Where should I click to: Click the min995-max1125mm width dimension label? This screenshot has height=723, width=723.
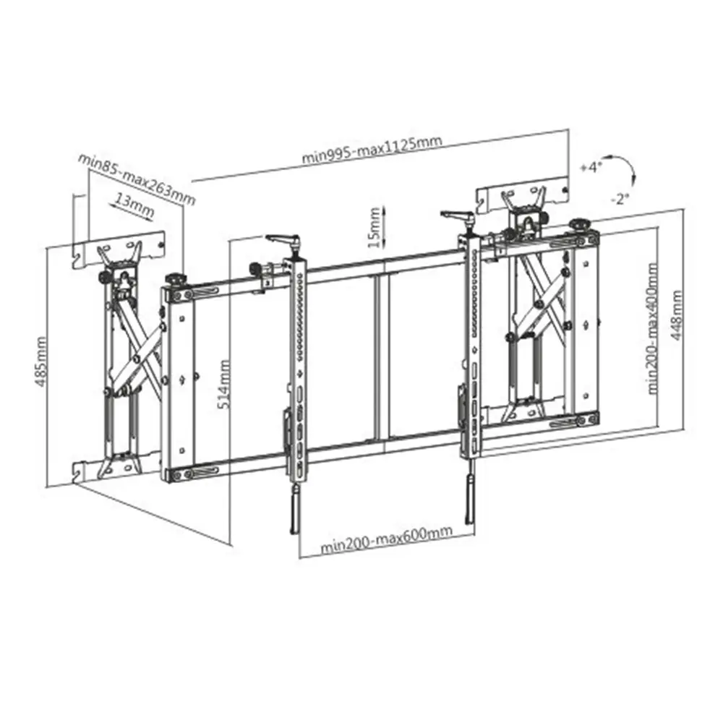click(372, 149)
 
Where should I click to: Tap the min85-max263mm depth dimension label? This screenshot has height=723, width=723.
click(137, 178)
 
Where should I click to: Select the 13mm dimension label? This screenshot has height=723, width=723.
click(134, 205)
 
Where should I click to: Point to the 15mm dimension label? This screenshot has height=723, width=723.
click(375, 227)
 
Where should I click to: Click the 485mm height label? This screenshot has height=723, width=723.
click(40, 361)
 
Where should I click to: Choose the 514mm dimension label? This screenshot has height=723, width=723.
click(224, 384)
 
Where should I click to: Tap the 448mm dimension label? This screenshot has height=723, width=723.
click(676, 315)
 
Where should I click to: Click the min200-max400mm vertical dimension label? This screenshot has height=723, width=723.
click(652, 328)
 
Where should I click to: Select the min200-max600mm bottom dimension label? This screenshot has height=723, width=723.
click(386, 540)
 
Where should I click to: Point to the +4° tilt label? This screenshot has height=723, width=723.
click(591, 168)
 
